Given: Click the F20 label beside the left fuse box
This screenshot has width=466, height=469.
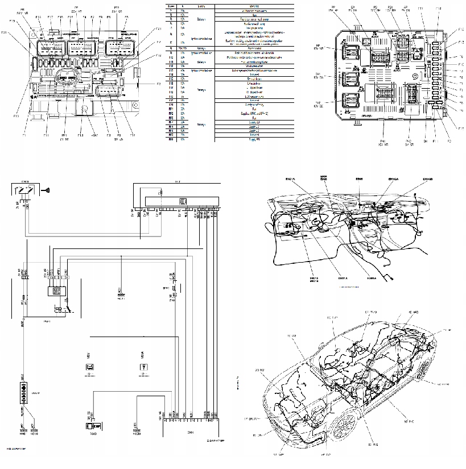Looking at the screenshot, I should tap(4, 32).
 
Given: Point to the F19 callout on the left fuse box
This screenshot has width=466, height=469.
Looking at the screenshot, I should tap(13, 22).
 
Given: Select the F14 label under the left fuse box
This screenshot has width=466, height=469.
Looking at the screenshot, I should tap(133, 135).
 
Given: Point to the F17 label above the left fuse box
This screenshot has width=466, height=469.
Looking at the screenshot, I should tap(51, 17).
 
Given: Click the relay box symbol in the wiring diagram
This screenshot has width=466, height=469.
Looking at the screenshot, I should tap(57, 290).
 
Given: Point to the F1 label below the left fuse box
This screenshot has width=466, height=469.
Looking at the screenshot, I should tap(24, 135).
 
